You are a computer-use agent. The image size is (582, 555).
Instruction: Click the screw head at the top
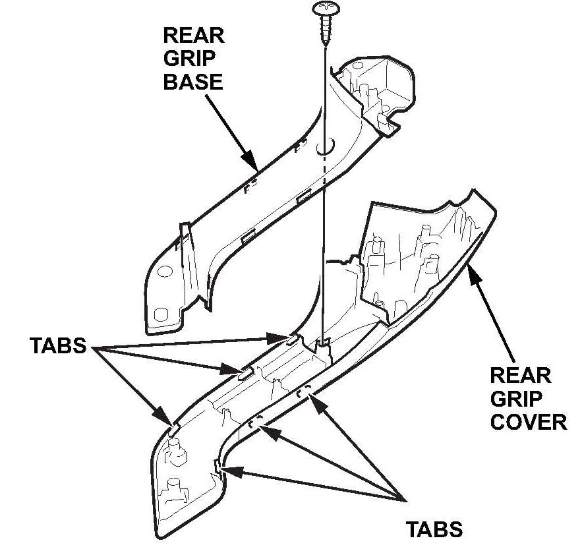point(324,9)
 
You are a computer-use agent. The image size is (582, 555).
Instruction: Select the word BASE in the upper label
point(192,82)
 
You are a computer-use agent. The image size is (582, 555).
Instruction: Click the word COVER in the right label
point(529,421)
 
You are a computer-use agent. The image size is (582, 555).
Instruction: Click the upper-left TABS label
point(58,346)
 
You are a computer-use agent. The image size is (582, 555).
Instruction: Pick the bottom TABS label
point(434,529)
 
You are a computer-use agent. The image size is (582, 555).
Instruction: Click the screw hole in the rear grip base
point(324,147)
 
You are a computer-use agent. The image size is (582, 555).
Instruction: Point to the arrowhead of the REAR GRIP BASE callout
point(252,164)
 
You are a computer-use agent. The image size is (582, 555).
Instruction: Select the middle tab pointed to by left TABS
point(245,373)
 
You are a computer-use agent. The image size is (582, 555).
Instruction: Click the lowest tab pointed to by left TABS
point(173,425)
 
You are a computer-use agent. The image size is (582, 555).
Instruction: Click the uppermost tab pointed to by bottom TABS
point(304,392)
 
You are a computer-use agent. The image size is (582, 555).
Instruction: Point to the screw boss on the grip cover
point(323,343)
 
